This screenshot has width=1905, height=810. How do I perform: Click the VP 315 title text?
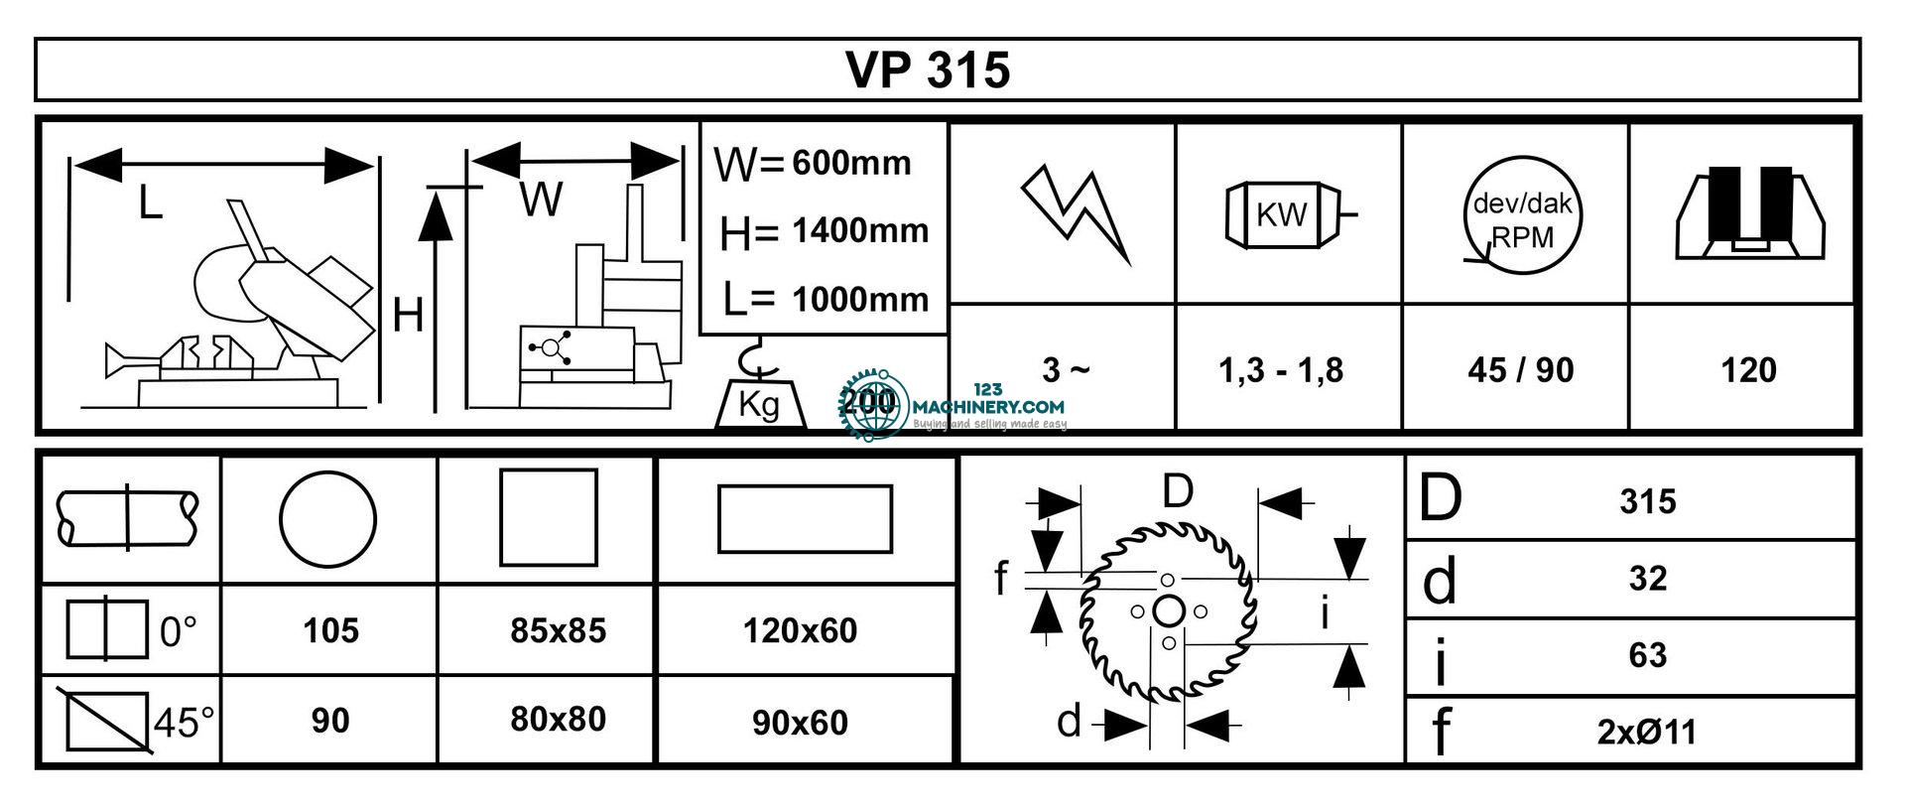[928, 70]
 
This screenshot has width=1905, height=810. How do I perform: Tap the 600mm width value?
[851, 163]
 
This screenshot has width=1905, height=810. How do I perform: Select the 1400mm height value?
[860, 231]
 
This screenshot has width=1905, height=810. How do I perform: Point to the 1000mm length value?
[860, 299]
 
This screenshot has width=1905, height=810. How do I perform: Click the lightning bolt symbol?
[1077, 213]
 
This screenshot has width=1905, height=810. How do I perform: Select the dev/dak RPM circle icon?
[1522, 214]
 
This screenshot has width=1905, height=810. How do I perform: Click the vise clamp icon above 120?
[1748, 213]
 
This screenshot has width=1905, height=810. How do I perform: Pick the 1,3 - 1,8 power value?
[1281, 370]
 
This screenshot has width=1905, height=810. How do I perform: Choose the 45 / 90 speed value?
[1520, 370]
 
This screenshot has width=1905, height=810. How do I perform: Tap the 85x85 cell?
[558, 630]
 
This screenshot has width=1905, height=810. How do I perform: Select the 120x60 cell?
[800, 630]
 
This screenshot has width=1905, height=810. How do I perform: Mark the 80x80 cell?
[558, 719]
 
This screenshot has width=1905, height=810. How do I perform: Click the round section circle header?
[327, 519]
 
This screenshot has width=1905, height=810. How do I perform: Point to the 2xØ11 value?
[1646, 733]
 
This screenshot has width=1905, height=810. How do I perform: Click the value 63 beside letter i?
[1647, 655]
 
